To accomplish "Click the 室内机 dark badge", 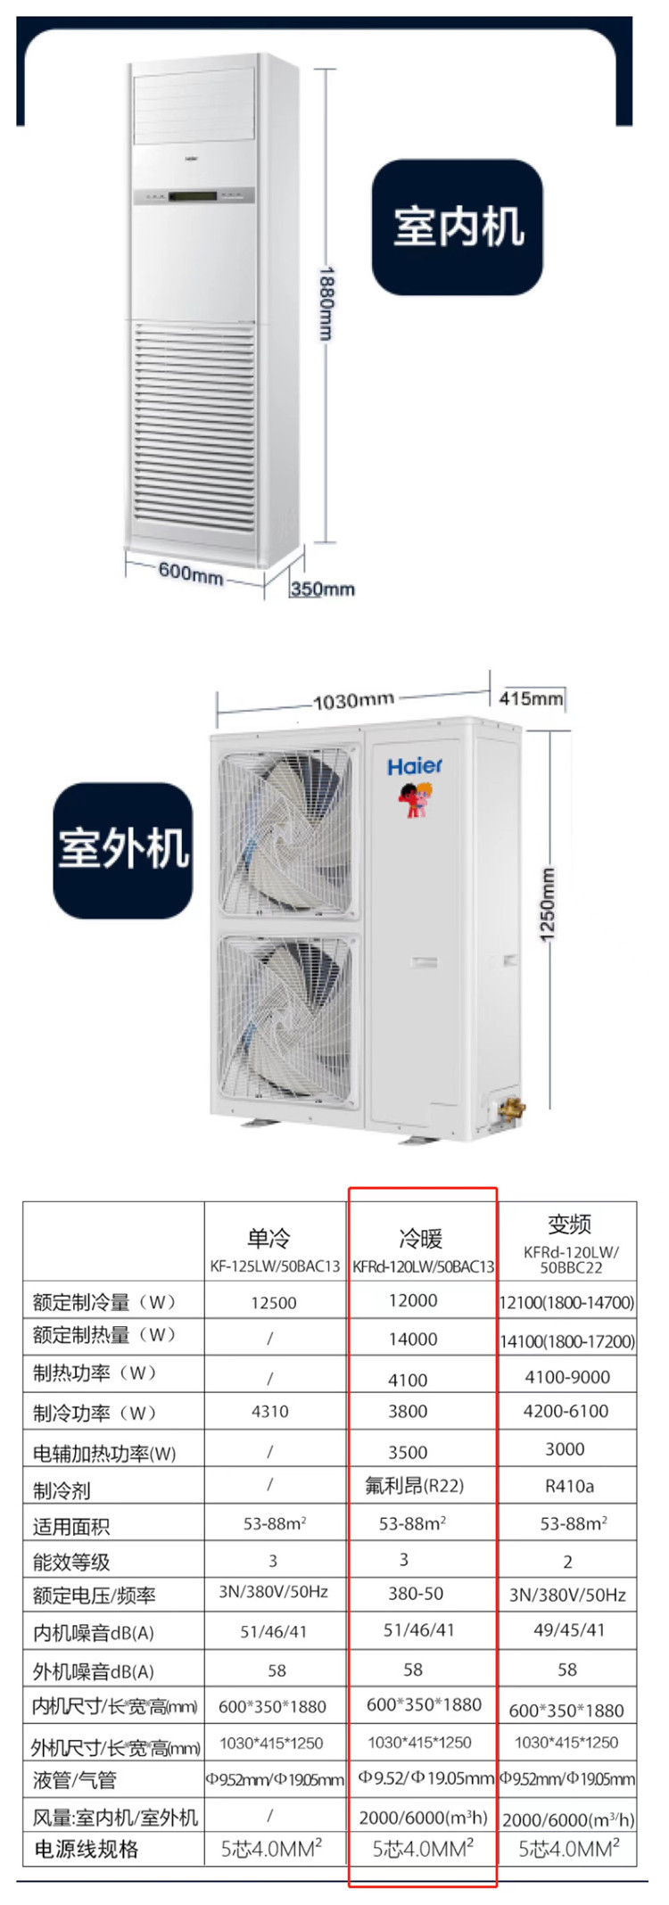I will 458,227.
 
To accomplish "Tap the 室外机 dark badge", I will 123,849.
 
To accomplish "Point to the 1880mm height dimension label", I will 326,303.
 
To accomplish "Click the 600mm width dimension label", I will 190,571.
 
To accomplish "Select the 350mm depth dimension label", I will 322,589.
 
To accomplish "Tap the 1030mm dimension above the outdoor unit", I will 353,701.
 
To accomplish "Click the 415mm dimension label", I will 531,698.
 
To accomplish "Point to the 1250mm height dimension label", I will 548,903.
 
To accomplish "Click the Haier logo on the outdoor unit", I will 415,766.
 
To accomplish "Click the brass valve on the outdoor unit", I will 511,1109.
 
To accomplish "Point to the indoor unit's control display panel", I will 194,196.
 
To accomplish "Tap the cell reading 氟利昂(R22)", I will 415,1485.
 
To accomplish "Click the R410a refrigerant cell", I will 568,1485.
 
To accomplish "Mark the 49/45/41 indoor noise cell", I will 568,1630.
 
